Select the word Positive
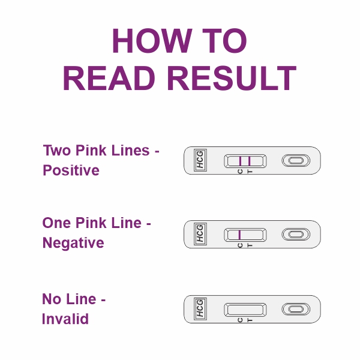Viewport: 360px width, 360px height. (x=71, y=170)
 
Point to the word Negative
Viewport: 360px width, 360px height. (x=73, y=243)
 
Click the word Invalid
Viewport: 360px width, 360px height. (x=65, y=319)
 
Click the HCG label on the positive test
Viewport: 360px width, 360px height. (x=199, y=161)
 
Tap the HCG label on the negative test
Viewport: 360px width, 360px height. (x=199, y=234)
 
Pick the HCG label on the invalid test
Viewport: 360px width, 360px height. (x=199, y=308)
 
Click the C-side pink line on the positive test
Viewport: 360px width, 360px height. (x=240, y=160)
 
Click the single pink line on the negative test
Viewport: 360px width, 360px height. (x=240, y=234)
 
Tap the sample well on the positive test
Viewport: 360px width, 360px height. (x=296, y=160)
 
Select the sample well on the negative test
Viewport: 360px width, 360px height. (x=296, y=234)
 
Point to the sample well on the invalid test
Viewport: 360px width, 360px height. (x=296, y=309)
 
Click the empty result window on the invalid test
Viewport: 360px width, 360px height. (x=245, y=309)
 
